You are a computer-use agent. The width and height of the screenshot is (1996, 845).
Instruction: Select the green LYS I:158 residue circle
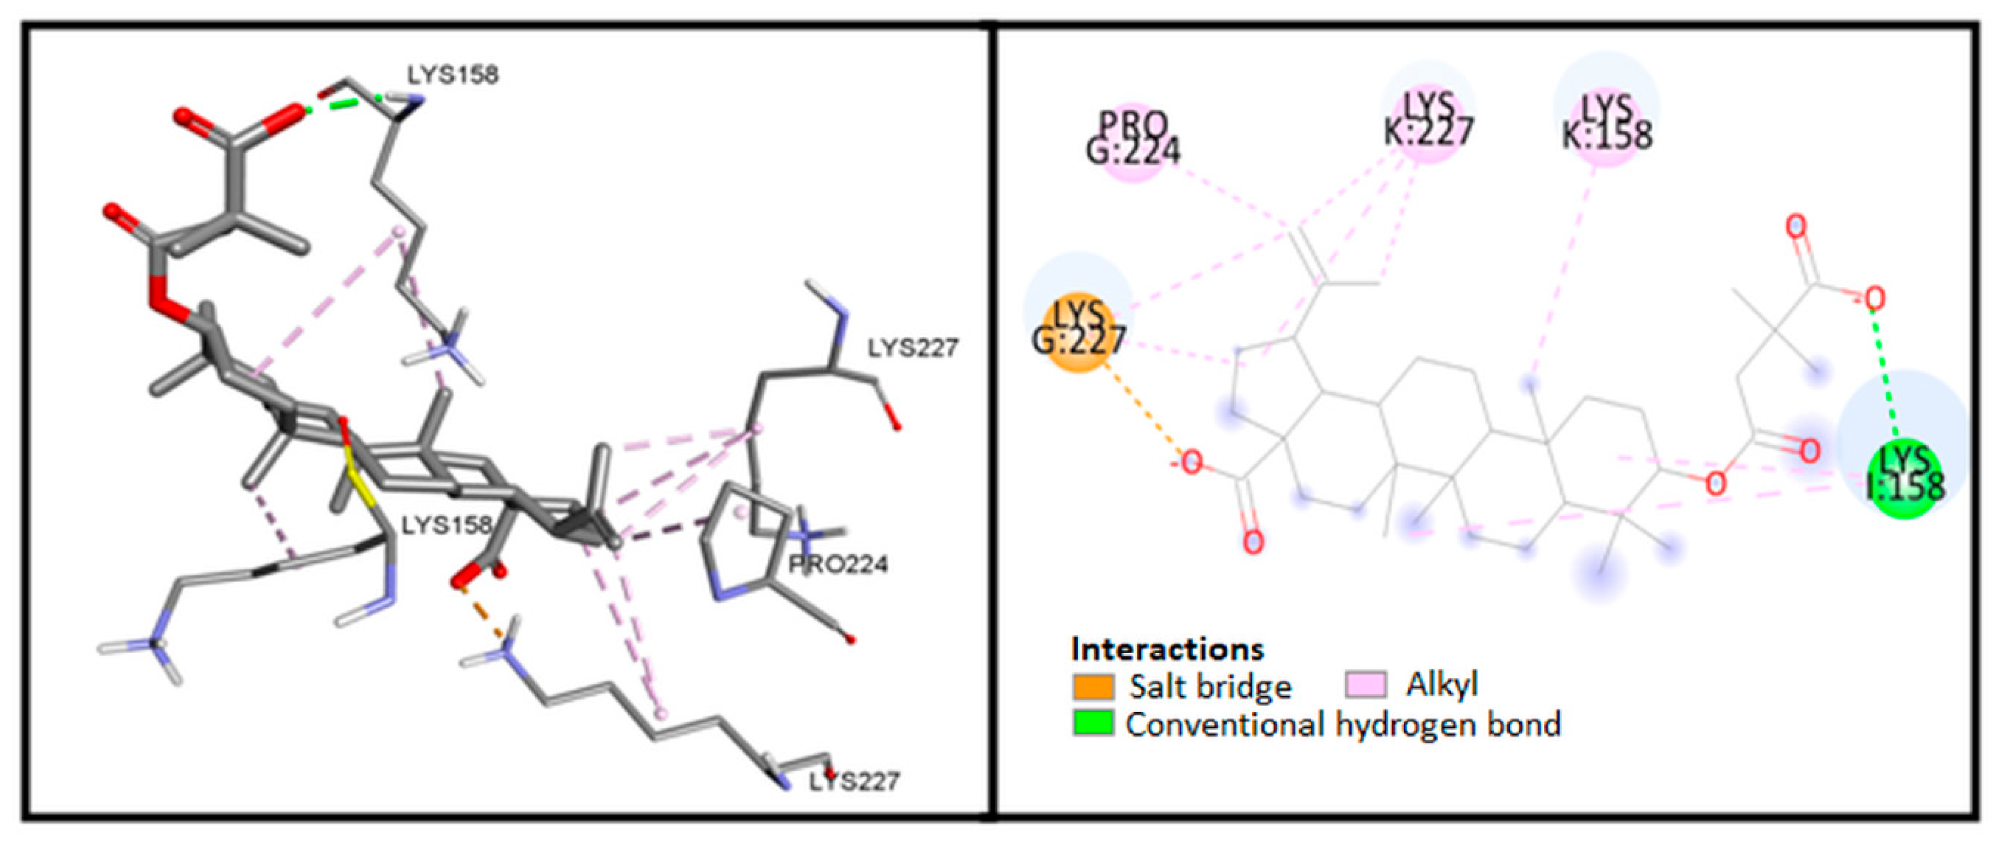(1905, 480)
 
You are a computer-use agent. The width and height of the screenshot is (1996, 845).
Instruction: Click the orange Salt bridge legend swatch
(1093, 686)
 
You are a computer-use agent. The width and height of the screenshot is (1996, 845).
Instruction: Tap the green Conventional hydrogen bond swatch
(1093, 723)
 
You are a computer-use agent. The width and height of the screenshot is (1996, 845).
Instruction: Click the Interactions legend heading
(1167, 648)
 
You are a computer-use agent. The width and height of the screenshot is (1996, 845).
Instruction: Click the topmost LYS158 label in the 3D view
(453, 75)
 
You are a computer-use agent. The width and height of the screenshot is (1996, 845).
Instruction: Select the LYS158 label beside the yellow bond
(447, 525)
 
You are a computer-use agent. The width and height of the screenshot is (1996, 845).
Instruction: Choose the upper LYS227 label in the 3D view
(913, 348)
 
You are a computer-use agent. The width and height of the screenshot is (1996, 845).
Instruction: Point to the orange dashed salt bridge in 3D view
(481, 612)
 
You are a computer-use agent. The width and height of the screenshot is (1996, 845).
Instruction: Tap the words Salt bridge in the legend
(1210, 686)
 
